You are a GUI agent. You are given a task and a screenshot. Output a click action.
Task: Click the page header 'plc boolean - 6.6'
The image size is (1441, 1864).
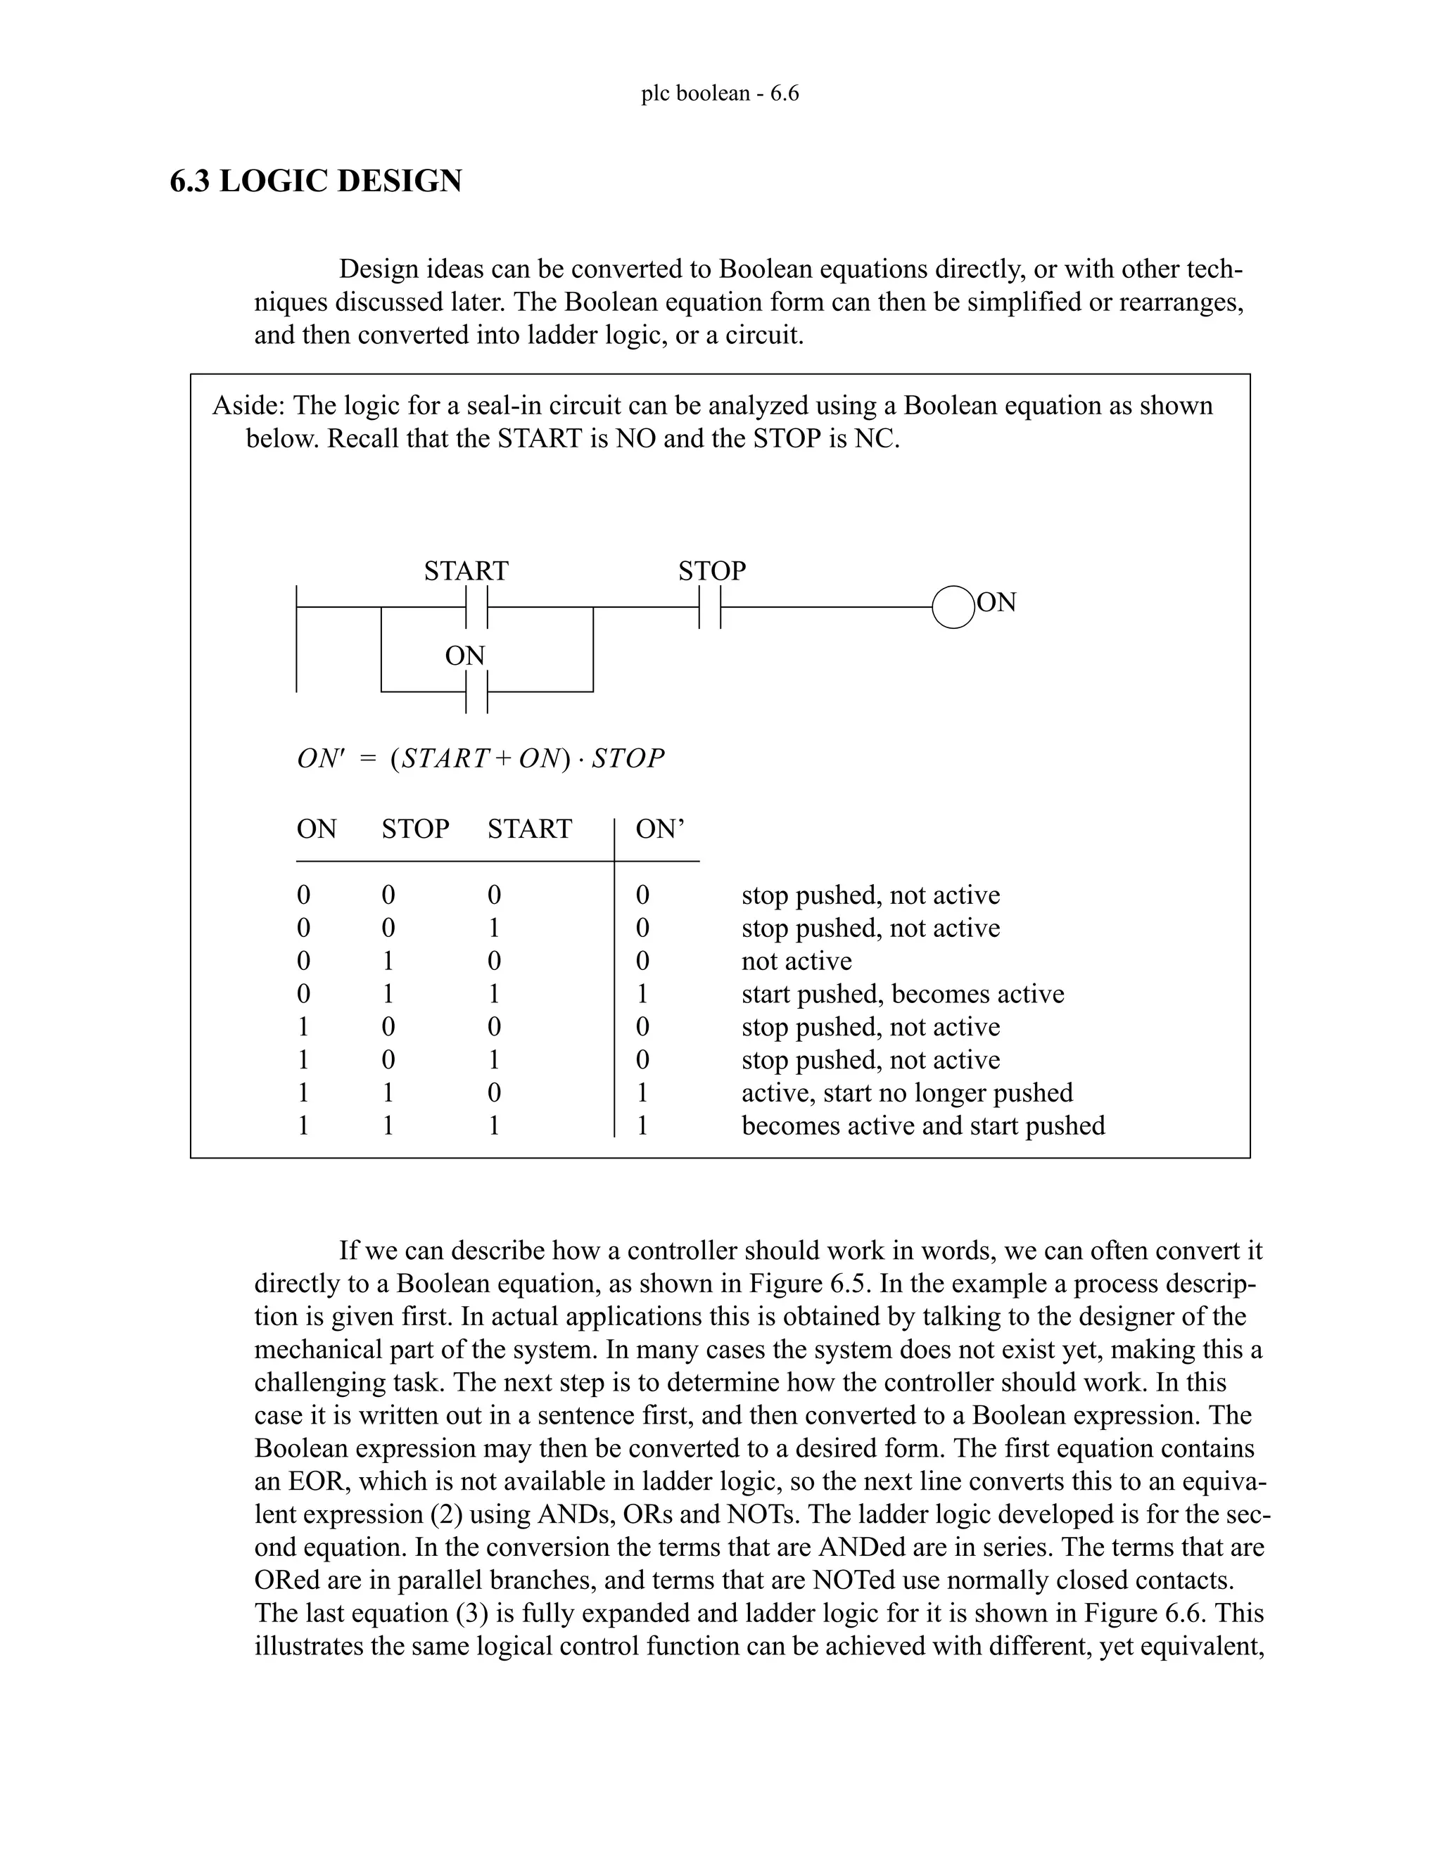coord(720,93)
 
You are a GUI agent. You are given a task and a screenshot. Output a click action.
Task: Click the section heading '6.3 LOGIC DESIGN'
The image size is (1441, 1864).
coord(316,181)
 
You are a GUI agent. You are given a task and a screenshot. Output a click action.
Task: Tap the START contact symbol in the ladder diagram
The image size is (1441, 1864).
coord(476,608)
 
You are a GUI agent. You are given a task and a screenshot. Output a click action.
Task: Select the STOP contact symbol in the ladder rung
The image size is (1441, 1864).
coord(709,608)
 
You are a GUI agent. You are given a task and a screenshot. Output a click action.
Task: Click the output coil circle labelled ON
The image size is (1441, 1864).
coord(953,608)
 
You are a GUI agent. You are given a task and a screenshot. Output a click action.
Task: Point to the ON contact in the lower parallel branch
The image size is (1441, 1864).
coord(476,691)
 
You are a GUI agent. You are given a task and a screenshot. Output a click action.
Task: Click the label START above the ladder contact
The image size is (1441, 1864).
coord(466,570)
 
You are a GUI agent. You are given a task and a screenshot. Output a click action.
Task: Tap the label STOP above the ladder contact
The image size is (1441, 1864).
coord(712,570)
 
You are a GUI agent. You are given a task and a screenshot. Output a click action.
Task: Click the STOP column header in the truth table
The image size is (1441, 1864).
coord(415,829)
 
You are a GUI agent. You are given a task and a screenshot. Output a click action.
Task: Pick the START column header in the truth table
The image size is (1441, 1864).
coord(529,829)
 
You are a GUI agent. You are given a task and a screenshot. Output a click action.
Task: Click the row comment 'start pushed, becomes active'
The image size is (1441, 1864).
coord(902,995)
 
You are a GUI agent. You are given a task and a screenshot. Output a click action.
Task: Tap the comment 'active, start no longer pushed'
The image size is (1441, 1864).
coord(906,1093)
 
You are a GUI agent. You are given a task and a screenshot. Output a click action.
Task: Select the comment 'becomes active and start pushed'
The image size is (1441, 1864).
coord(923,1125)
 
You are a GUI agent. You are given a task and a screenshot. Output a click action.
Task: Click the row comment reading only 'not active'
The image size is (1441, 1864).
coord(796,961)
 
